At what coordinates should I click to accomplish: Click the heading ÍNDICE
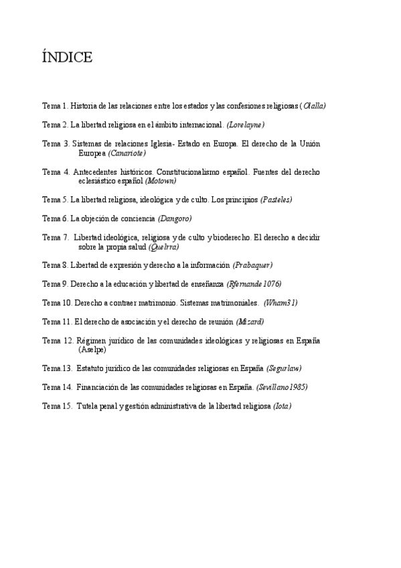(67, 58)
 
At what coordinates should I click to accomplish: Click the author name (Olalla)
(313, 106)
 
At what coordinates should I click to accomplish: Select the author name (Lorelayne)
(246, 125)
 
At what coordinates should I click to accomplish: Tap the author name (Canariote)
(127, 153)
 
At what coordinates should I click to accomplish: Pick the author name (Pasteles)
(276, 200)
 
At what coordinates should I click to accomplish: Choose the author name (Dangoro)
(175, 218)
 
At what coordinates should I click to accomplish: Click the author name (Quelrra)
(163, 246)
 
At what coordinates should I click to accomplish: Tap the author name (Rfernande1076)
(254, 284)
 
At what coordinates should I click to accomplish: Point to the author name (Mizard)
(250, 322)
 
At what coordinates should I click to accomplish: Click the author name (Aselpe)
(92, 350)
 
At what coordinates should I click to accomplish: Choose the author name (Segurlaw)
(284, 368)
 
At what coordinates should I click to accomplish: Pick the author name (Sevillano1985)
(282, 387)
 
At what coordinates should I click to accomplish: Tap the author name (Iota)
(282, 406)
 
